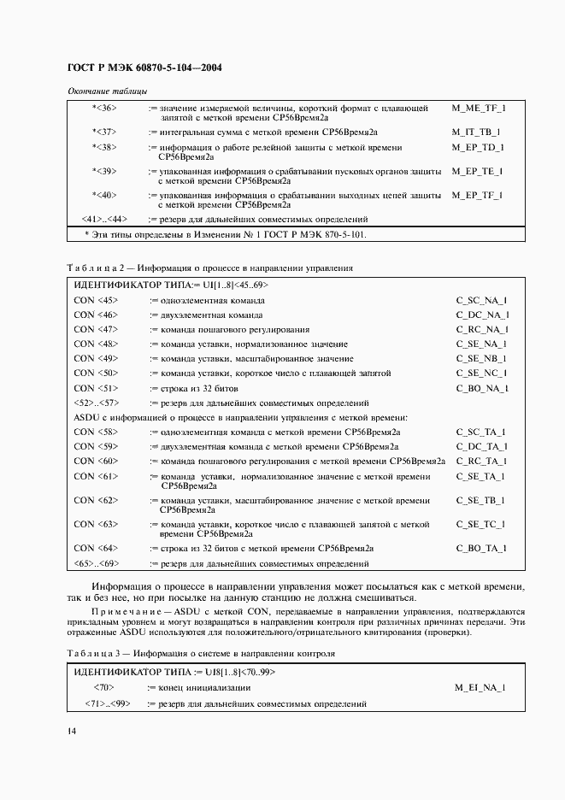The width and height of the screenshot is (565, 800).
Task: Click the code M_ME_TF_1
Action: (479, 109)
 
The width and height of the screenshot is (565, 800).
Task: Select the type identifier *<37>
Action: (104, 132)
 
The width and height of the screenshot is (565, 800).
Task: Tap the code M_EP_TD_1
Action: (479, 147)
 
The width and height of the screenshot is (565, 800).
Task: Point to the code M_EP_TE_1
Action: (479, 171)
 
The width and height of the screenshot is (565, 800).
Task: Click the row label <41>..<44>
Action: (104, 219)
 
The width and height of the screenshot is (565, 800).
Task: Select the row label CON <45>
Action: (96, 300)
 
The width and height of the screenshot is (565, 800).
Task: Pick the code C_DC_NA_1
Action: (482, 315)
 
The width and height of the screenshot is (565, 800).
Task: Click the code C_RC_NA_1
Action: (482, 329)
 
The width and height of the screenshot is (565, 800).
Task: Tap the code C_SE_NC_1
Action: (482, 373)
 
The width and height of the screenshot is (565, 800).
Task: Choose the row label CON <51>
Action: (96, 387)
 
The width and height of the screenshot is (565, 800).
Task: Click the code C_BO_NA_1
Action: (482, 387)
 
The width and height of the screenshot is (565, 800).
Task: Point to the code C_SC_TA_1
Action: (481, 432)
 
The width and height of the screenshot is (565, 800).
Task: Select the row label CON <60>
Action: (96, 461)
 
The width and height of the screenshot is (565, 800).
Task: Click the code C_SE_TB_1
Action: (481, 500)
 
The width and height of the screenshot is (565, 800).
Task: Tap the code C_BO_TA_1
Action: (482, 548)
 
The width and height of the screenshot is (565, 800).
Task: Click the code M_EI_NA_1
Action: (480, 687)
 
